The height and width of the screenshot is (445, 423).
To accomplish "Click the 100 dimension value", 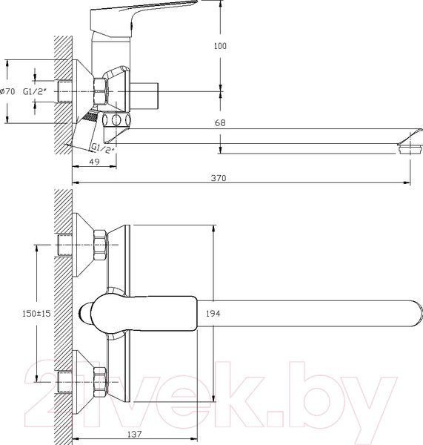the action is pyautogui.click(x=220, y=46).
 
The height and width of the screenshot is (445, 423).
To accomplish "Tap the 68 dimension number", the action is pyautogui.click(x=220, y=122).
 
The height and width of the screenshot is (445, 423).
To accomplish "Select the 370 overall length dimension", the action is pyautogui.click(x=219, y=178).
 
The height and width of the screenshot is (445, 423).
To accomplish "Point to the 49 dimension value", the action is pyautogui.click(x=94, y=162).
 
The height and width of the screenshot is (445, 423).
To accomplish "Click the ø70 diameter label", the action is pyautogui.click(x=7, y=92).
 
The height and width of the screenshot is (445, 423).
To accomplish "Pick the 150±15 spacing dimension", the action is pyautogui.click(x=36, y=313).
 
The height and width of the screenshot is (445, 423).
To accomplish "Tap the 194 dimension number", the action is pyautogui.click(x=213, y=313).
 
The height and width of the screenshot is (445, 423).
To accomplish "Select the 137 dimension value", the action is pyautogui.click(x=134, y=434).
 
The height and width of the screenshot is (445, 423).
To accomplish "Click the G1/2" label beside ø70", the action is pyautogui.click(x=35, y=91).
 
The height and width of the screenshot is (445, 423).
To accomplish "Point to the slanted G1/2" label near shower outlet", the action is pyautogui.click(x=103, y=148).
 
